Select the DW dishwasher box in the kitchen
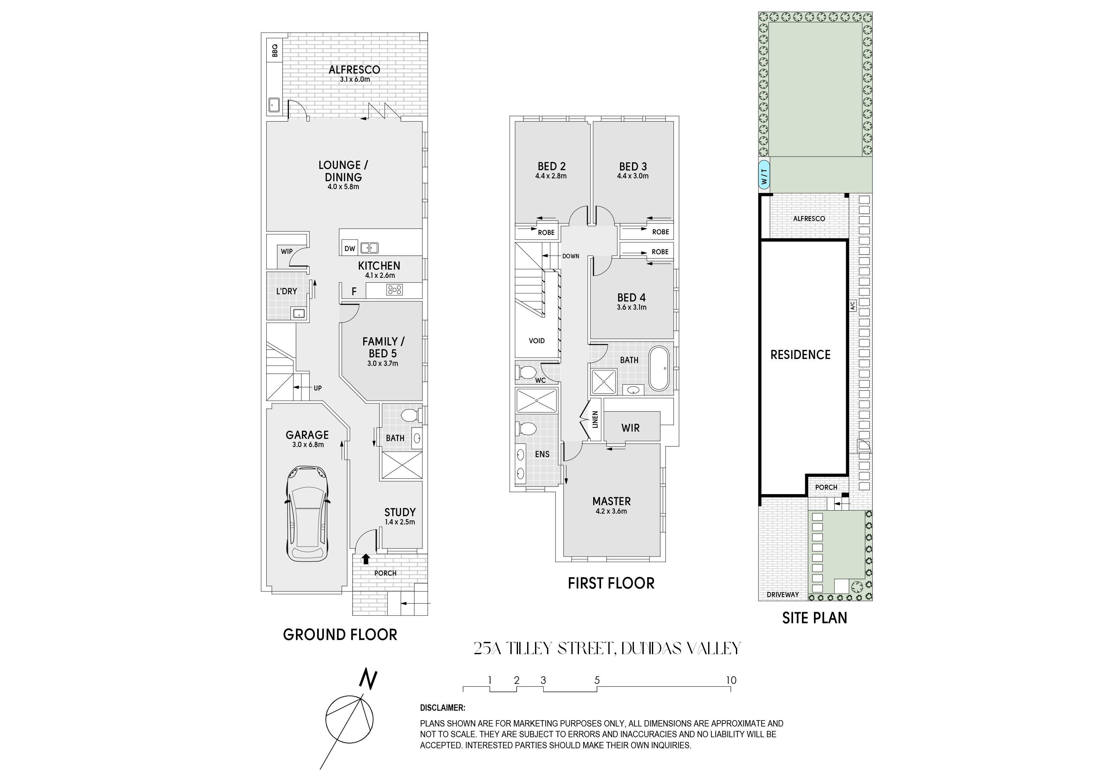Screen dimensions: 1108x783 tap(350, 248)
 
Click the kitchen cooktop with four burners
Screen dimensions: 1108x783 tap(394, 290)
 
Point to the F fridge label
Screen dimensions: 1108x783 tap(354, 291)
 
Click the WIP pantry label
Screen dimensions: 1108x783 tap(287, 251)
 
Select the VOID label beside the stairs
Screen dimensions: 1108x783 tap(537, 341)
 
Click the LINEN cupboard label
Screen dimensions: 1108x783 tap(595, 419)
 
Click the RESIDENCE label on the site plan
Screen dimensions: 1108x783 tap(800, 355)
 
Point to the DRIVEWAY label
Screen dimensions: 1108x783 tap(783, 595)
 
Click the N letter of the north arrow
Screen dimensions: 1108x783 tap(368, 679)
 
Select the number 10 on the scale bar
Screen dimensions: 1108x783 tap(731, 680)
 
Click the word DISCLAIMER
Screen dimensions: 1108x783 tap(443, 708)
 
